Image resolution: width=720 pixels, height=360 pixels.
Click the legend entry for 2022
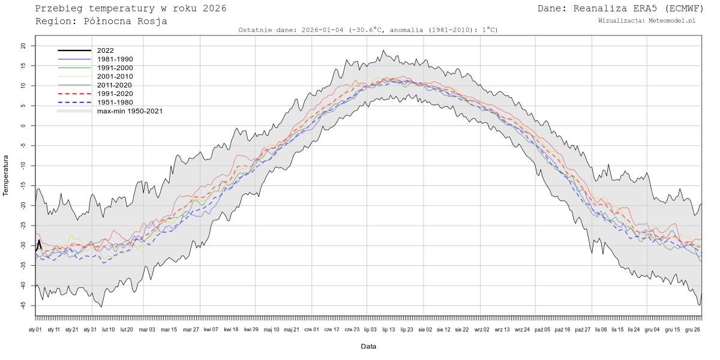105,51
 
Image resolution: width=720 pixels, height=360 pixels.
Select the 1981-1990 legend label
115,59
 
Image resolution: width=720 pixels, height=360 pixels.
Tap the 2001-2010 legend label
115,77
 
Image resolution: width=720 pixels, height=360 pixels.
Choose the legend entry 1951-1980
115,103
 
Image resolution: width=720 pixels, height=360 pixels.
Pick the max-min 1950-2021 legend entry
130,111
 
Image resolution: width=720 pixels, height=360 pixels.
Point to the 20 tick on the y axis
23,46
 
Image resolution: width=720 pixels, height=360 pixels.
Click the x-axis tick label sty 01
35,329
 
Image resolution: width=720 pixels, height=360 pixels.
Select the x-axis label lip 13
388,329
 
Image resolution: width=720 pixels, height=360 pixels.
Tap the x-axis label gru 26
693,329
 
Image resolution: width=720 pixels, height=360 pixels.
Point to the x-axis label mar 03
147,329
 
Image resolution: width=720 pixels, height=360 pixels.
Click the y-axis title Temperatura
7,175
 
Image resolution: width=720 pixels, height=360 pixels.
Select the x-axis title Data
368,346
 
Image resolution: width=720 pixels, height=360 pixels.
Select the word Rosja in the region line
153,21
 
